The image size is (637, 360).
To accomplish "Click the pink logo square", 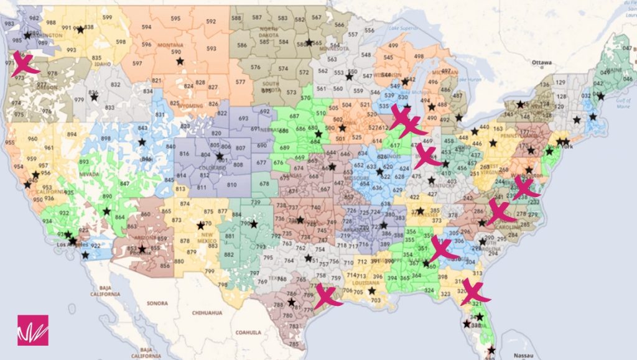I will (x=32, y=330).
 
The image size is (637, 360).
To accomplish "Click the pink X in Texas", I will (x=326, y=295).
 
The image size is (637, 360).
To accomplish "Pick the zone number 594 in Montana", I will (x=146, y=27).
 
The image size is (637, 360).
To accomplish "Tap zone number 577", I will (x=241, y=82).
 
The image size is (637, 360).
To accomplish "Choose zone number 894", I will (x=72, y=134).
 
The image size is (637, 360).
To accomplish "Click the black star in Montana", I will (x=180, y=61).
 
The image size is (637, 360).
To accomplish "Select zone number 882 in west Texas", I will (x=229, y=254).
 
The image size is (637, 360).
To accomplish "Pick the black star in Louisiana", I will (x=372, y=290).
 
